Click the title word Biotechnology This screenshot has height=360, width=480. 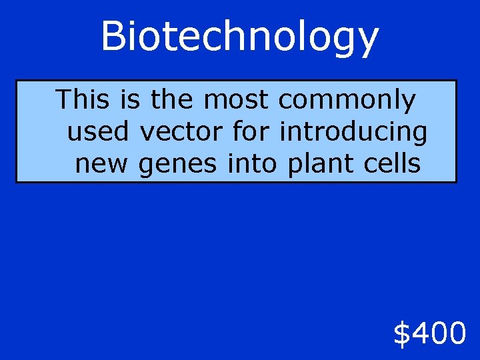(239, 37)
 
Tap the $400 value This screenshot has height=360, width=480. (429, 333)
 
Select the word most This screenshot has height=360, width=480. (236, 100)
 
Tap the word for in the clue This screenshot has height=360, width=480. (251, 132)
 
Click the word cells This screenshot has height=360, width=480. (391, 163)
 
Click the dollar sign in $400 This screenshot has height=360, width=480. (402, 333)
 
